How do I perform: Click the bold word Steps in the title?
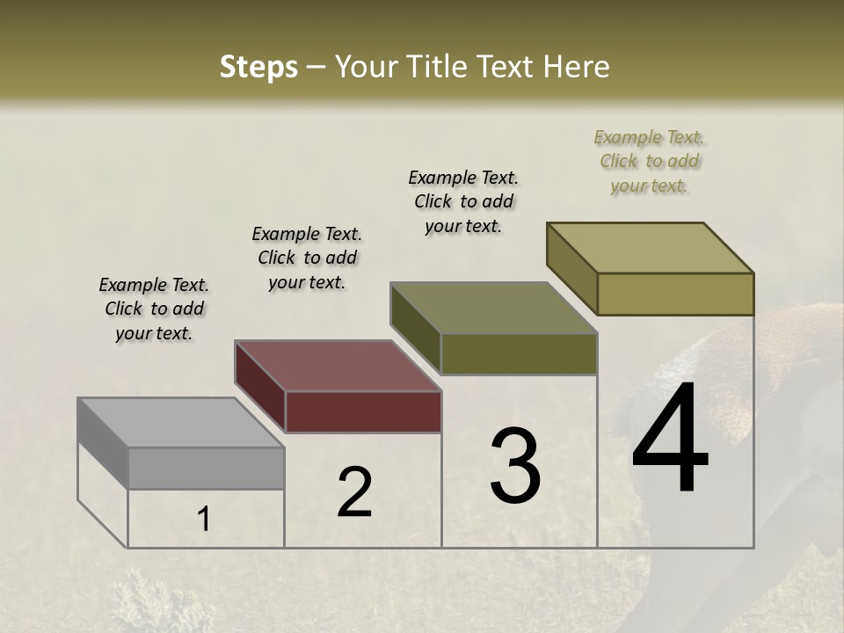(258, 67)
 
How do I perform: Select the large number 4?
(670, 440)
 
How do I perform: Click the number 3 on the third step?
(515, 466)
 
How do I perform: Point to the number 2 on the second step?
(355, 492)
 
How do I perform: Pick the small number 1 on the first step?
(204, 520)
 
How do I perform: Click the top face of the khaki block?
(651, 248)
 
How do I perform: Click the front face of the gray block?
(207, 468)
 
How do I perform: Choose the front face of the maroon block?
(363, 411)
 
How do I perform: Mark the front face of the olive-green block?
(519, 353)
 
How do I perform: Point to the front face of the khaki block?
(675, 294)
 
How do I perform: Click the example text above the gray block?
(154, 309)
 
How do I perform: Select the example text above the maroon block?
(307, 258)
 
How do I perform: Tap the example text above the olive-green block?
(463, 201)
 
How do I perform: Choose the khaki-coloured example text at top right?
(649, 161)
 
